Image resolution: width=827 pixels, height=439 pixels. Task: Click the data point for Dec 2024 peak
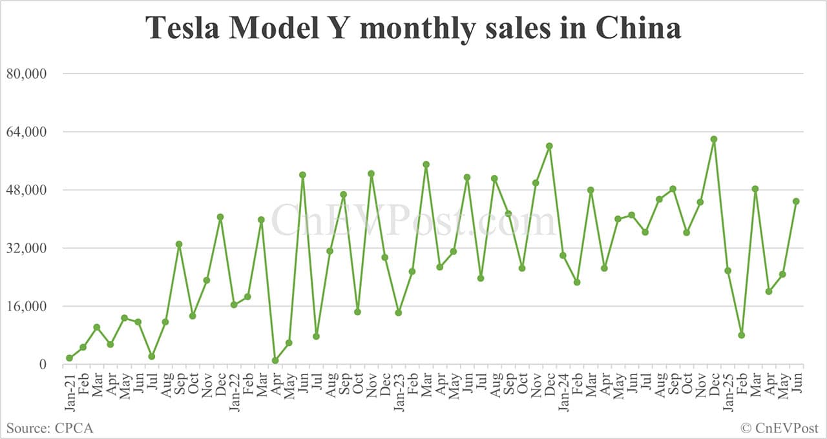point(714,139)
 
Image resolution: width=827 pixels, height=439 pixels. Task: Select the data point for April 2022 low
point(275,361)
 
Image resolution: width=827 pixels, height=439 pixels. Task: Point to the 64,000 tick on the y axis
point(26,132)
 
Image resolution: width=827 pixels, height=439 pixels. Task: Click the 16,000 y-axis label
point(26,306)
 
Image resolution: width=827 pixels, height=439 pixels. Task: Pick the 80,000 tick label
point(26,74)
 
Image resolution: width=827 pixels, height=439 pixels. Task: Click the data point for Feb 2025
point(742,335)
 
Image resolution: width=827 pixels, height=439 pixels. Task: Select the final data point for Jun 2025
point(796,201)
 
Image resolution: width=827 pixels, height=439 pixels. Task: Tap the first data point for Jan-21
point(69,358)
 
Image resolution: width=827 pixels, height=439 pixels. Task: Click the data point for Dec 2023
point(549,146)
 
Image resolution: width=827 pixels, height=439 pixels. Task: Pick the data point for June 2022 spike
point(302,175)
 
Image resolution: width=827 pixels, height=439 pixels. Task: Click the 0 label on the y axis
point(43,364)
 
